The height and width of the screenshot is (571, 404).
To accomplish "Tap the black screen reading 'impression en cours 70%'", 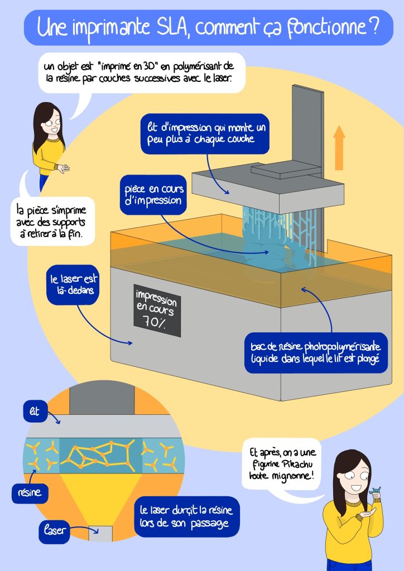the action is (157, 310).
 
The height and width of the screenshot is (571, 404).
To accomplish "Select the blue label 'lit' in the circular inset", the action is (35, 412).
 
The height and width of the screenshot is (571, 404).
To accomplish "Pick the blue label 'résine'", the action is (30, 493).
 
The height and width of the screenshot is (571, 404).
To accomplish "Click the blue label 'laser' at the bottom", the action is (54, 531).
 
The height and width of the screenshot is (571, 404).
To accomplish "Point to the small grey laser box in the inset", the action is (100, 533).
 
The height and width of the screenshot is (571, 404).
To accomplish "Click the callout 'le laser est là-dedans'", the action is (73, 285).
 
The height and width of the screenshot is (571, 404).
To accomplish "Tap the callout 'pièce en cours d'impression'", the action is (153, 195).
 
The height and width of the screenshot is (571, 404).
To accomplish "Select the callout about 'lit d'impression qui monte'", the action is (205, 134).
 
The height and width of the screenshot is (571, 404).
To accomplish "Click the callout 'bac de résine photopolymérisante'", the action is (316, 352).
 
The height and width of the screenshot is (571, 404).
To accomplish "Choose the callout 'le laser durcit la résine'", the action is (187, 516).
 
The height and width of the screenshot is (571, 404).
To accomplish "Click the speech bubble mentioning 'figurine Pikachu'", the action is (282, 464).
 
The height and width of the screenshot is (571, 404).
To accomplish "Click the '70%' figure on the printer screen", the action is (154, 323).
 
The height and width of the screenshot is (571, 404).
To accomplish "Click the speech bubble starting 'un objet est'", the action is (142, 72).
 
